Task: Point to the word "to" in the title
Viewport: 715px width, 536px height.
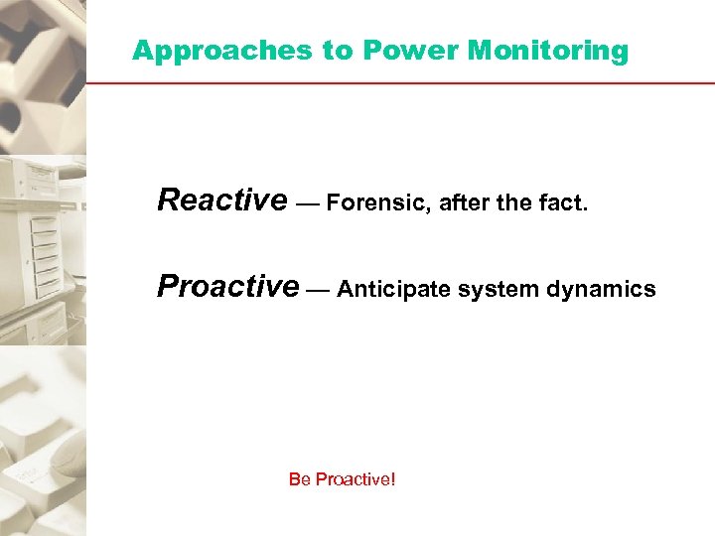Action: point(338,51)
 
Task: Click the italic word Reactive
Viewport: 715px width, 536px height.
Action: point(221,201)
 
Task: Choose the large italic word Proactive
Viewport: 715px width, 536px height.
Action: point(227,287)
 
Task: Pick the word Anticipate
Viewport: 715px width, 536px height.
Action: point(387,290)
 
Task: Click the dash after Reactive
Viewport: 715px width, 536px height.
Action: point(306,204)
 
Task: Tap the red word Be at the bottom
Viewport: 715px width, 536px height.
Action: point(299,479)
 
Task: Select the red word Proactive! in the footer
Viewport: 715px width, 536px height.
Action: point(355,479)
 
